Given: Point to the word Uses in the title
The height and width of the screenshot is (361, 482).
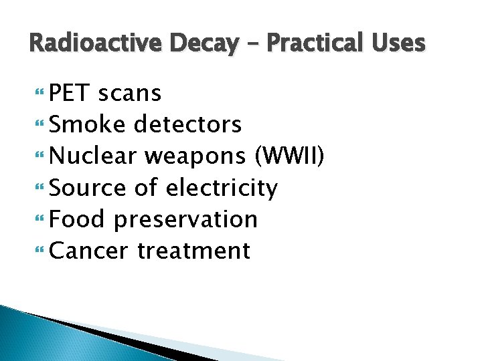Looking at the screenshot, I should coord(396,43).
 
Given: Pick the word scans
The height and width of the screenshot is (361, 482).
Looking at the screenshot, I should coord(130,94).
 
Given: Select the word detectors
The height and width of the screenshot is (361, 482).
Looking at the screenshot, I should coord(188,124).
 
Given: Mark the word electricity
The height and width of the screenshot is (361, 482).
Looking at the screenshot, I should coord(221,188).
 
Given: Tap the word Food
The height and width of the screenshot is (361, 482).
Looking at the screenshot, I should coord(78,219).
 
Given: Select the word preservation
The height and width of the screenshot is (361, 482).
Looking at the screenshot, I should coord(186,220).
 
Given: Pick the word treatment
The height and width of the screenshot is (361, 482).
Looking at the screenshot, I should coord(194,251).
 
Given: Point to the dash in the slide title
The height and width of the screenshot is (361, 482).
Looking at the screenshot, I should coord(252,44).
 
